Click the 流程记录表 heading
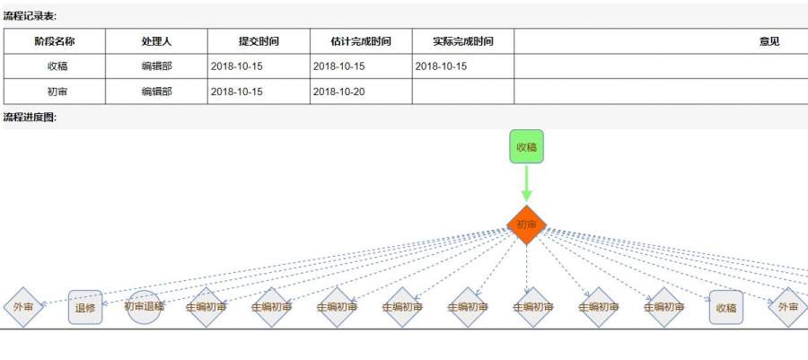pos(31,16)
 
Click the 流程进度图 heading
pos(31,118)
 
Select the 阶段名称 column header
pos(55,41)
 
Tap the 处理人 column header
pos(156,41)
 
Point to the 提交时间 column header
pos(259,41)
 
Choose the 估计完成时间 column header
pos(361,41)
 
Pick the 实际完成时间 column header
pos(463,41)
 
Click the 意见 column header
pos(769,41)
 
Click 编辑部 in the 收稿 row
pos(156,66)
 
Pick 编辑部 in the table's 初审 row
pos(156,92)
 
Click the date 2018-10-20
pos(339,92)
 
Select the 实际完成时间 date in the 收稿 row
pos(441,66)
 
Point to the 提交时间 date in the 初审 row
pos(237,92)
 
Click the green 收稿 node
pos(527,146)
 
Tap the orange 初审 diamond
pos(527,224)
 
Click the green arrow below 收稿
pos(527,184)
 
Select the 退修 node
pos(85,307)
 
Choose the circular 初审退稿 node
pos(144,307)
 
